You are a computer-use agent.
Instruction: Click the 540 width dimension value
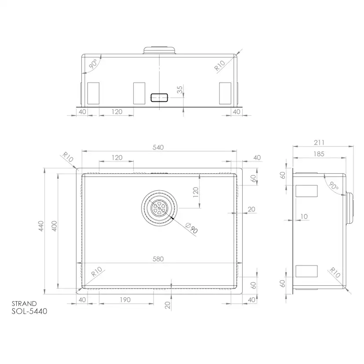point(158,148)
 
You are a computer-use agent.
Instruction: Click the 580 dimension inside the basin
point(158,259)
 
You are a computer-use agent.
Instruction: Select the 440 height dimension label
point(40,226)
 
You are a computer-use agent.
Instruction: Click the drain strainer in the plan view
point(159,207)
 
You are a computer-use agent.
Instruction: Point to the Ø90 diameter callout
point(191,229)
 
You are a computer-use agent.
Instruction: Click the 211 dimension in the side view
point(320,142)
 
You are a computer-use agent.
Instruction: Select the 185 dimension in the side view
point(320,154)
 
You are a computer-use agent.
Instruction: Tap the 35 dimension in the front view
point(179,90)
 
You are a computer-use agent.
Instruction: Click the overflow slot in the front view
point(159,98)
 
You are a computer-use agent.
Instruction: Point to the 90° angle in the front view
point(93,65)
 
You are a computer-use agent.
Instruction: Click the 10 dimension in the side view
point(304,216)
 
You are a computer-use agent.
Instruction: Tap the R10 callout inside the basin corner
point(96,273)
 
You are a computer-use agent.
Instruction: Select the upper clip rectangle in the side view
point(307,190)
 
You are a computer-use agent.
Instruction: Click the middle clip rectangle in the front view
point(139,93)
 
